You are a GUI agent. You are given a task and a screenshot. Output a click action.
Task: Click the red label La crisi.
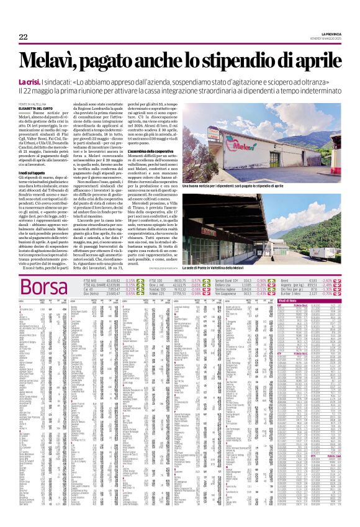tap(30, 82)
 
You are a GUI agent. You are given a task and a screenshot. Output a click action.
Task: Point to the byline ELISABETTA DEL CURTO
tap(38, 109)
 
